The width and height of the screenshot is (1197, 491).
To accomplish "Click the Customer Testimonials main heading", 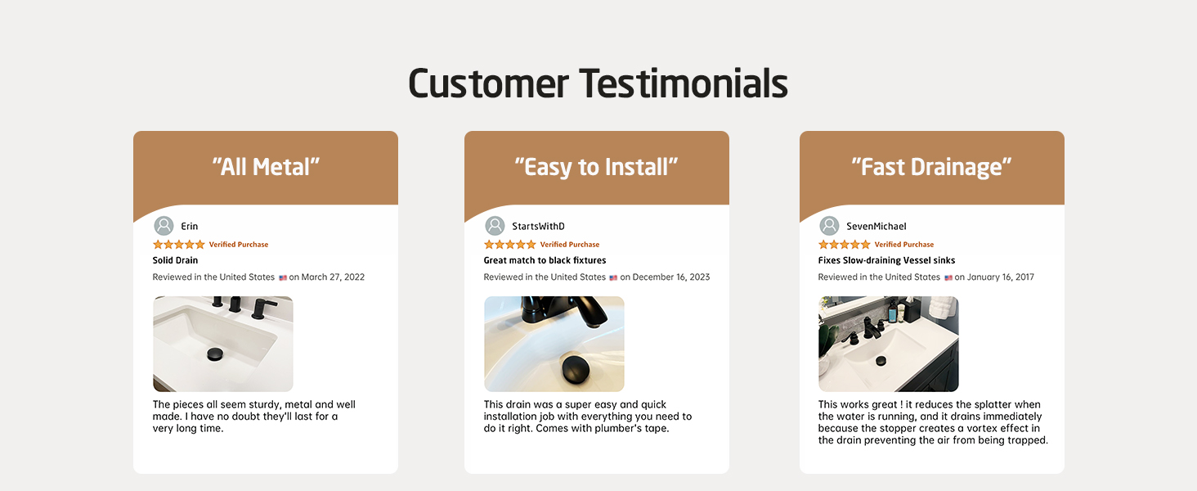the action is pyautogui.click(x=598, y=84).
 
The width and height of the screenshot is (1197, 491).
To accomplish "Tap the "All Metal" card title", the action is pyautogui.click(x=266, y=167).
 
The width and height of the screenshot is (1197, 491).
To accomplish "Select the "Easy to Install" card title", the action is pyautogui.click(x=596, y=168).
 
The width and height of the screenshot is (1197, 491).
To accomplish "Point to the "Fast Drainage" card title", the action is pyautogui.click(x=931, y=167).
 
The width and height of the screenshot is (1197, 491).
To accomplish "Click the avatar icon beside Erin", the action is pyautogui.click(x=164, y=226).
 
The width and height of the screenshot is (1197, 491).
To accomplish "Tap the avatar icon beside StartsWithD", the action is pyautogui.click(x=495, y=226).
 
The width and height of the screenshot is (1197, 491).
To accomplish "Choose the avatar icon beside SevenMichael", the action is pyautogui.click(x=829, y=226).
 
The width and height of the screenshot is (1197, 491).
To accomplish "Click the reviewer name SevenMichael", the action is pyautogui.click(x=876, y=226).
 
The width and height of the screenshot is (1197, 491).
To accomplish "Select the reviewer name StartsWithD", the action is pyautogui.click(x=538, y=226).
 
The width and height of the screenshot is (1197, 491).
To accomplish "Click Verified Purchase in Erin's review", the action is pyautogui.click(x=238, y=245).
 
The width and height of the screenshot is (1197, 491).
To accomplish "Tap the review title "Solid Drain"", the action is pyautogui.click(x=175, y=260).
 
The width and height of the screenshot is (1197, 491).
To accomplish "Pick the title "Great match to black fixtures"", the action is pyautogui.click(x=545, y=260).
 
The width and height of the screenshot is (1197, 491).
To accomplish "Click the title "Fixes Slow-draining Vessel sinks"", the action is pyautogui.click(x=886, y=260).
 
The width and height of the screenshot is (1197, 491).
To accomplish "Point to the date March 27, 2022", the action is pyautogui.click(x=333, y=277).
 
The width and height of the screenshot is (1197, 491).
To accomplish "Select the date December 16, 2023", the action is pyautogui.click(x=671, y=277).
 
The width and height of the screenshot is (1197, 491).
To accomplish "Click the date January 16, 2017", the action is pyautogui.click(x=1000, y=277).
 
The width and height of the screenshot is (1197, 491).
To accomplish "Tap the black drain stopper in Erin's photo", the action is pyautogui.click(x=215, y=354).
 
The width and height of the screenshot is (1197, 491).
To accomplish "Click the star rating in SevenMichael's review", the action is pyautogui.click(x=845, y=245).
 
